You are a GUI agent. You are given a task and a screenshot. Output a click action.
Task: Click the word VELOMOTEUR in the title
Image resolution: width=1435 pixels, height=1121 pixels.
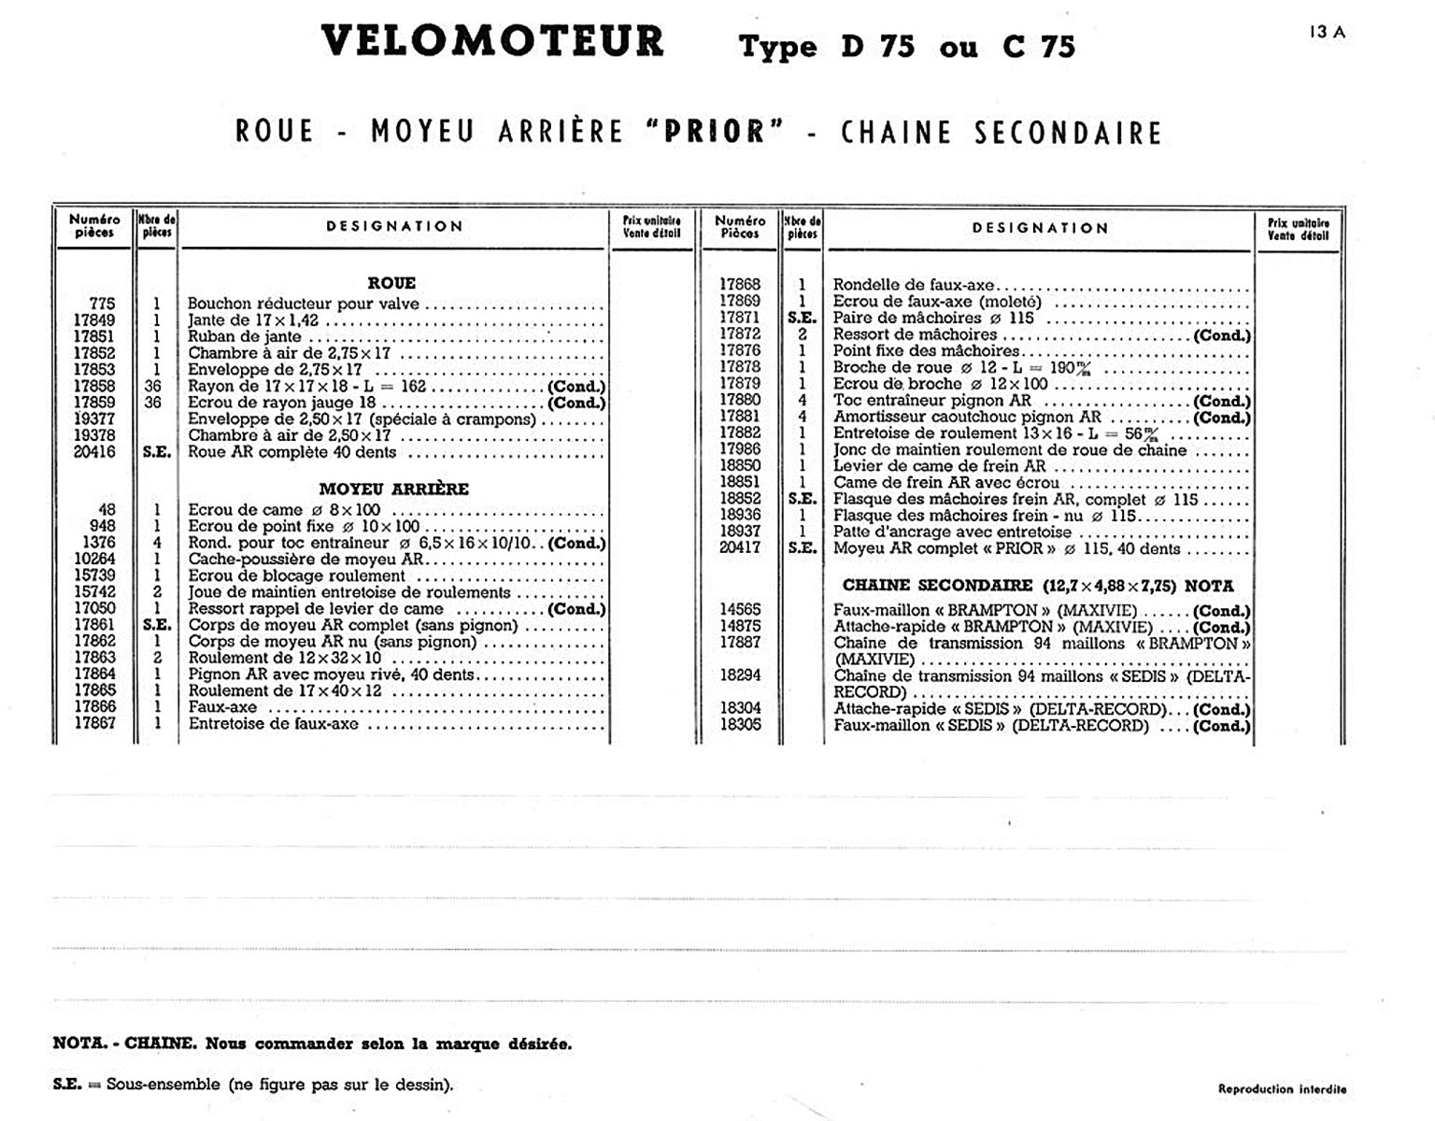(x=492, y=42)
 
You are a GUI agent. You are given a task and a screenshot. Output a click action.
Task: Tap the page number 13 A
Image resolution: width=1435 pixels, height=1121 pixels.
(x=1327, y=32)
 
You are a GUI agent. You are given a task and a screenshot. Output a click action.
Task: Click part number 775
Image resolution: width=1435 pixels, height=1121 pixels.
(x=102, y=304)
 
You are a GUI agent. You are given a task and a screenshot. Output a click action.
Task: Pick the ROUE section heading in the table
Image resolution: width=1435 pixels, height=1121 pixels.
(x=391, y=283)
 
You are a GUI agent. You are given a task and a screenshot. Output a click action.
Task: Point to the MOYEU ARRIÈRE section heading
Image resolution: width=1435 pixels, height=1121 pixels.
(x=393, y=489)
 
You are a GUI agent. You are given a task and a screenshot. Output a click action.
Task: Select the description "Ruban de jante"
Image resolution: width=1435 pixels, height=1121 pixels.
(x=245, y=337)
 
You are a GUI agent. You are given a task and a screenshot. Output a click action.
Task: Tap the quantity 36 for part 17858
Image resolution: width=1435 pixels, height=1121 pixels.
(x=153, y=386)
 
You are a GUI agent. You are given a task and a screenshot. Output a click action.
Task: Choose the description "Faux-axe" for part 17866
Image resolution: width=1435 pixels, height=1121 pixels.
(x=222, y=707)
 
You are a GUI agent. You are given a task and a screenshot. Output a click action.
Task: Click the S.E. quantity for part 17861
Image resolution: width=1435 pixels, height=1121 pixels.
(x=156, y=625)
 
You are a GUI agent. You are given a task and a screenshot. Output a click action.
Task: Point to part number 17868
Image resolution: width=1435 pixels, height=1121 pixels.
(x=740, y=284)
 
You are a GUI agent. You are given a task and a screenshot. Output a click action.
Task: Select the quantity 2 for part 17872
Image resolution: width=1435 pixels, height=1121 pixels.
(x=803, y=333)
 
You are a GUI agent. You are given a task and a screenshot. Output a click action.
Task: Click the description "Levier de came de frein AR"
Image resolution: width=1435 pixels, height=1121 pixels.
(x=939, y=466)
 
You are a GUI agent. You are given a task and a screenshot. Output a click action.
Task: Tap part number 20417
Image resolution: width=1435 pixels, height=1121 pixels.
(x=740, y=548)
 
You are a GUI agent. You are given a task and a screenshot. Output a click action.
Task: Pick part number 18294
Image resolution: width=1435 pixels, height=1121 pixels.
(x=740, y=674)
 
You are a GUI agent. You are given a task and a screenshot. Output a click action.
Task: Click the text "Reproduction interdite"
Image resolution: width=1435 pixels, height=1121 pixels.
(x=1282, y=1089)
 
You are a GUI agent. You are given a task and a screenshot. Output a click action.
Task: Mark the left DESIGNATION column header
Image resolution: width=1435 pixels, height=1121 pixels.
(x=394, y=226)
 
